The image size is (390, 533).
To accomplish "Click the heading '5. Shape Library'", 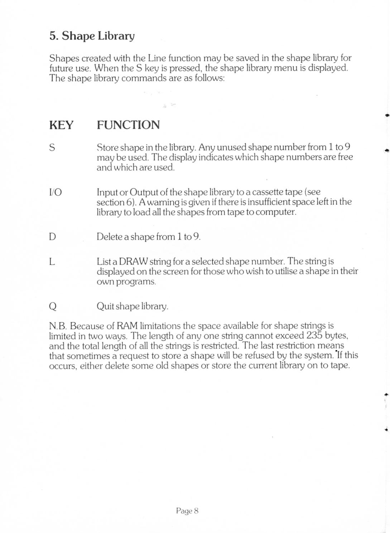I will tap(92, 36).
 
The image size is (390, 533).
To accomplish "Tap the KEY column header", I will tap(61, 125).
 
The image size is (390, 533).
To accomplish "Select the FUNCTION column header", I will tap(128, 125).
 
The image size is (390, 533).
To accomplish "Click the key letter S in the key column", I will tap(52, 147).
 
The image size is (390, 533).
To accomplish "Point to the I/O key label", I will tap(55, 193).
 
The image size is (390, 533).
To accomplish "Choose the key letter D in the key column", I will tap(52, 237).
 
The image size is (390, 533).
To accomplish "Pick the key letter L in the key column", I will tap(52, 262).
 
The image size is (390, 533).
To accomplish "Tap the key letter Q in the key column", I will tap(53, 307).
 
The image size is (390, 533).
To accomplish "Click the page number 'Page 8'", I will tap(187, 511).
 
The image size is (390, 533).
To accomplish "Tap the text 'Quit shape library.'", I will tap(132, 306).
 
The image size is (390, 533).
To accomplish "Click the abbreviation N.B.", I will tap(58, 326).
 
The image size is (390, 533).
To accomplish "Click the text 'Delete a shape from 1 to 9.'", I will tap(148, 237).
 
